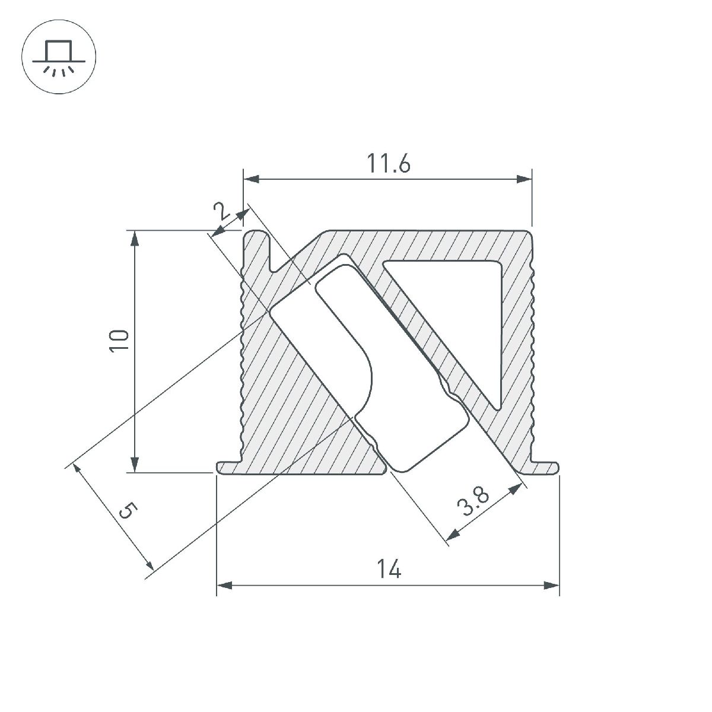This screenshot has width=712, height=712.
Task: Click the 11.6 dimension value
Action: tap(387, 163)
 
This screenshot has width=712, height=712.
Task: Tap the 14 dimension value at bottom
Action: tap(389, 570)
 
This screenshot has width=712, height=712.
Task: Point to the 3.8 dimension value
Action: tap(474, 502)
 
